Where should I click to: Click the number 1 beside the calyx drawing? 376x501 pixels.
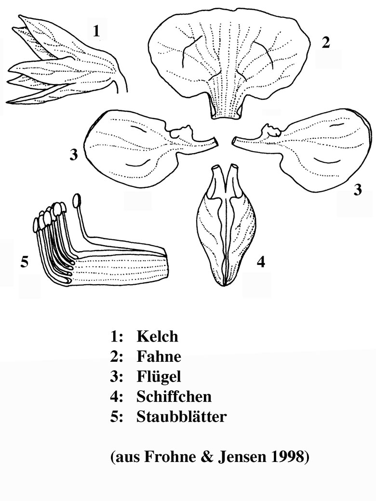tap(96, 31)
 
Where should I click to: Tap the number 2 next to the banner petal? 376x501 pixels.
tap(325, 42)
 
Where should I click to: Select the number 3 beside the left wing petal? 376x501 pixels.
tap(74, 155)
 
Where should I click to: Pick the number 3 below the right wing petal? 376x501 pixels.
tap(358, 190)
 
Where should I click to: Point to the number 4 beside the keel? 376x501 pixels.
tap(261, 262)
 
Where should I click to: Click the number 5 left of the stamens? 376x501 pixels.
tap(24, 262)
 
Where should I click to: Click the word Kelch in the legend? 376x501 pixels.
tap(157, 336)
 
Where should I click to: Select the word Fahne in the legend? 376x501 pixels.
tap(159, 356)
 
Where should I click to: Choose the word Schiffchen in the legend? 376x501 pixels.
tap(174, 396)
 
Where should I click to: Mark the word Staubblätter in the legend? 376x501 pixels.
tap(182, 417)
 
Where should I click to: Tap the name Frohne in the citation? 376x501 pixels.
tap(167, 457)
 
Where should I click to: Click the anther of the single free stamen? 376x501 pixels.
tap(77, 201)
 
